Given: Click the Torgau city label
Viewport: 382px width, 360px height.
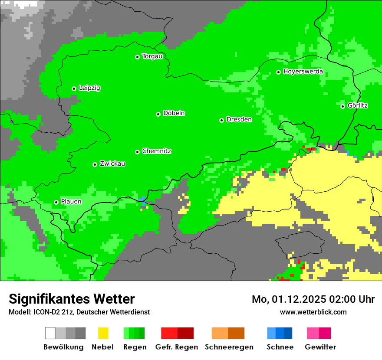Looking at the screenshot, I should tap(152, 56).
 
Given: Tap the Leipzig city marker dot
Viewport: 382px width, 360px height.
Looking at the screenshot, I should tap(74, 88).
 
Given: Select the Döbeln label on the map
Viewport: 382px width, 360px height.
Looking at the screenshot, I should tap(174, 113).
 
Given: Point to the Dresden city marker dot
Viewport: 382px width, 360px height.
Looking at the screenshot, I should tap(221, 120).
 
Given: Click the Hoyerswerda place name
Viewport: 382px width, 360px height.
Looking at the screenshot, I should tap(303, 72).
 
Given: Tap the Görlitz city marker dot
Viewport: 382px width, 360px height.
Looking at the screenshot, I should tap(342, 106).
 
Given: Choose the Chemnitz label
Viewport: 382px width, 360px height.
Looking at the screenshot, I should tap(156, 151).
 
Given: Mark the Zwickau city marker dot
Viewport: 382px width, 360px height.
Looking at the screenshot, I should tap(95, 164).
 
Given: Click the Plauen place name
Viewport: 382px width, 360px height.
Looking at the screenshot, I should tap(71, 202).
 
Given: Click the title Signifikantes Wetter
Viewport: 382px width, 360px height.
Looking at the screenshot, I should tap(72, 299).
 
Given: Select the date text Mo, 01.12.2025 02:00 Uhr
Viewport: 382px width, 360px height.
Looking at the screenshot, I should tap(313, 299).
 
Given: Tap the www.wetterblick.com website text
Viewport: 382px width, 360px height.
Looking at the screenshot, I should tap(313, 312).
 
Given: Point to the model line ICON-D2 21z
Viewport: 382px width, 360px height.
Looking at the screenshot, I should tap(79, 312).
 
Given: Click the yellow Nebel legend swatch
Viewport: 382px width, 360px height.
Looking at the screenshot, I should tap(103, 333).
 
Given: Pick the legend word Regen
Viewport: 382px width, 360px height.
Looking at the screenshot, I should tap(134, 347).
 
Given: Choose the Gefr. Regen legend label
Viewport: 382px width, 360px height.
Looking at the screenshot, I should tap(177, 347).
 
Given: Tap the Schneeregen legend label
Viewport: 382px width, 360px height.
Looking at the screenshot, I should tap(229, 347).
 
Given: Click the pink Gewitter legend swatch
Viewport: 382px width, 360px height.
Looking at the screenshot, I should tap(319, 333).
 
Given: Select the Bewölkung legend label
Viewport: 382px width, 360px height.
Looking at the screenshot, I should tap(63, 347).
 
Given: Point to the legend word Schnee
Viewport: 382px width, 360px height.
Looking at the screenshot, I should tap(280, 347).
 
